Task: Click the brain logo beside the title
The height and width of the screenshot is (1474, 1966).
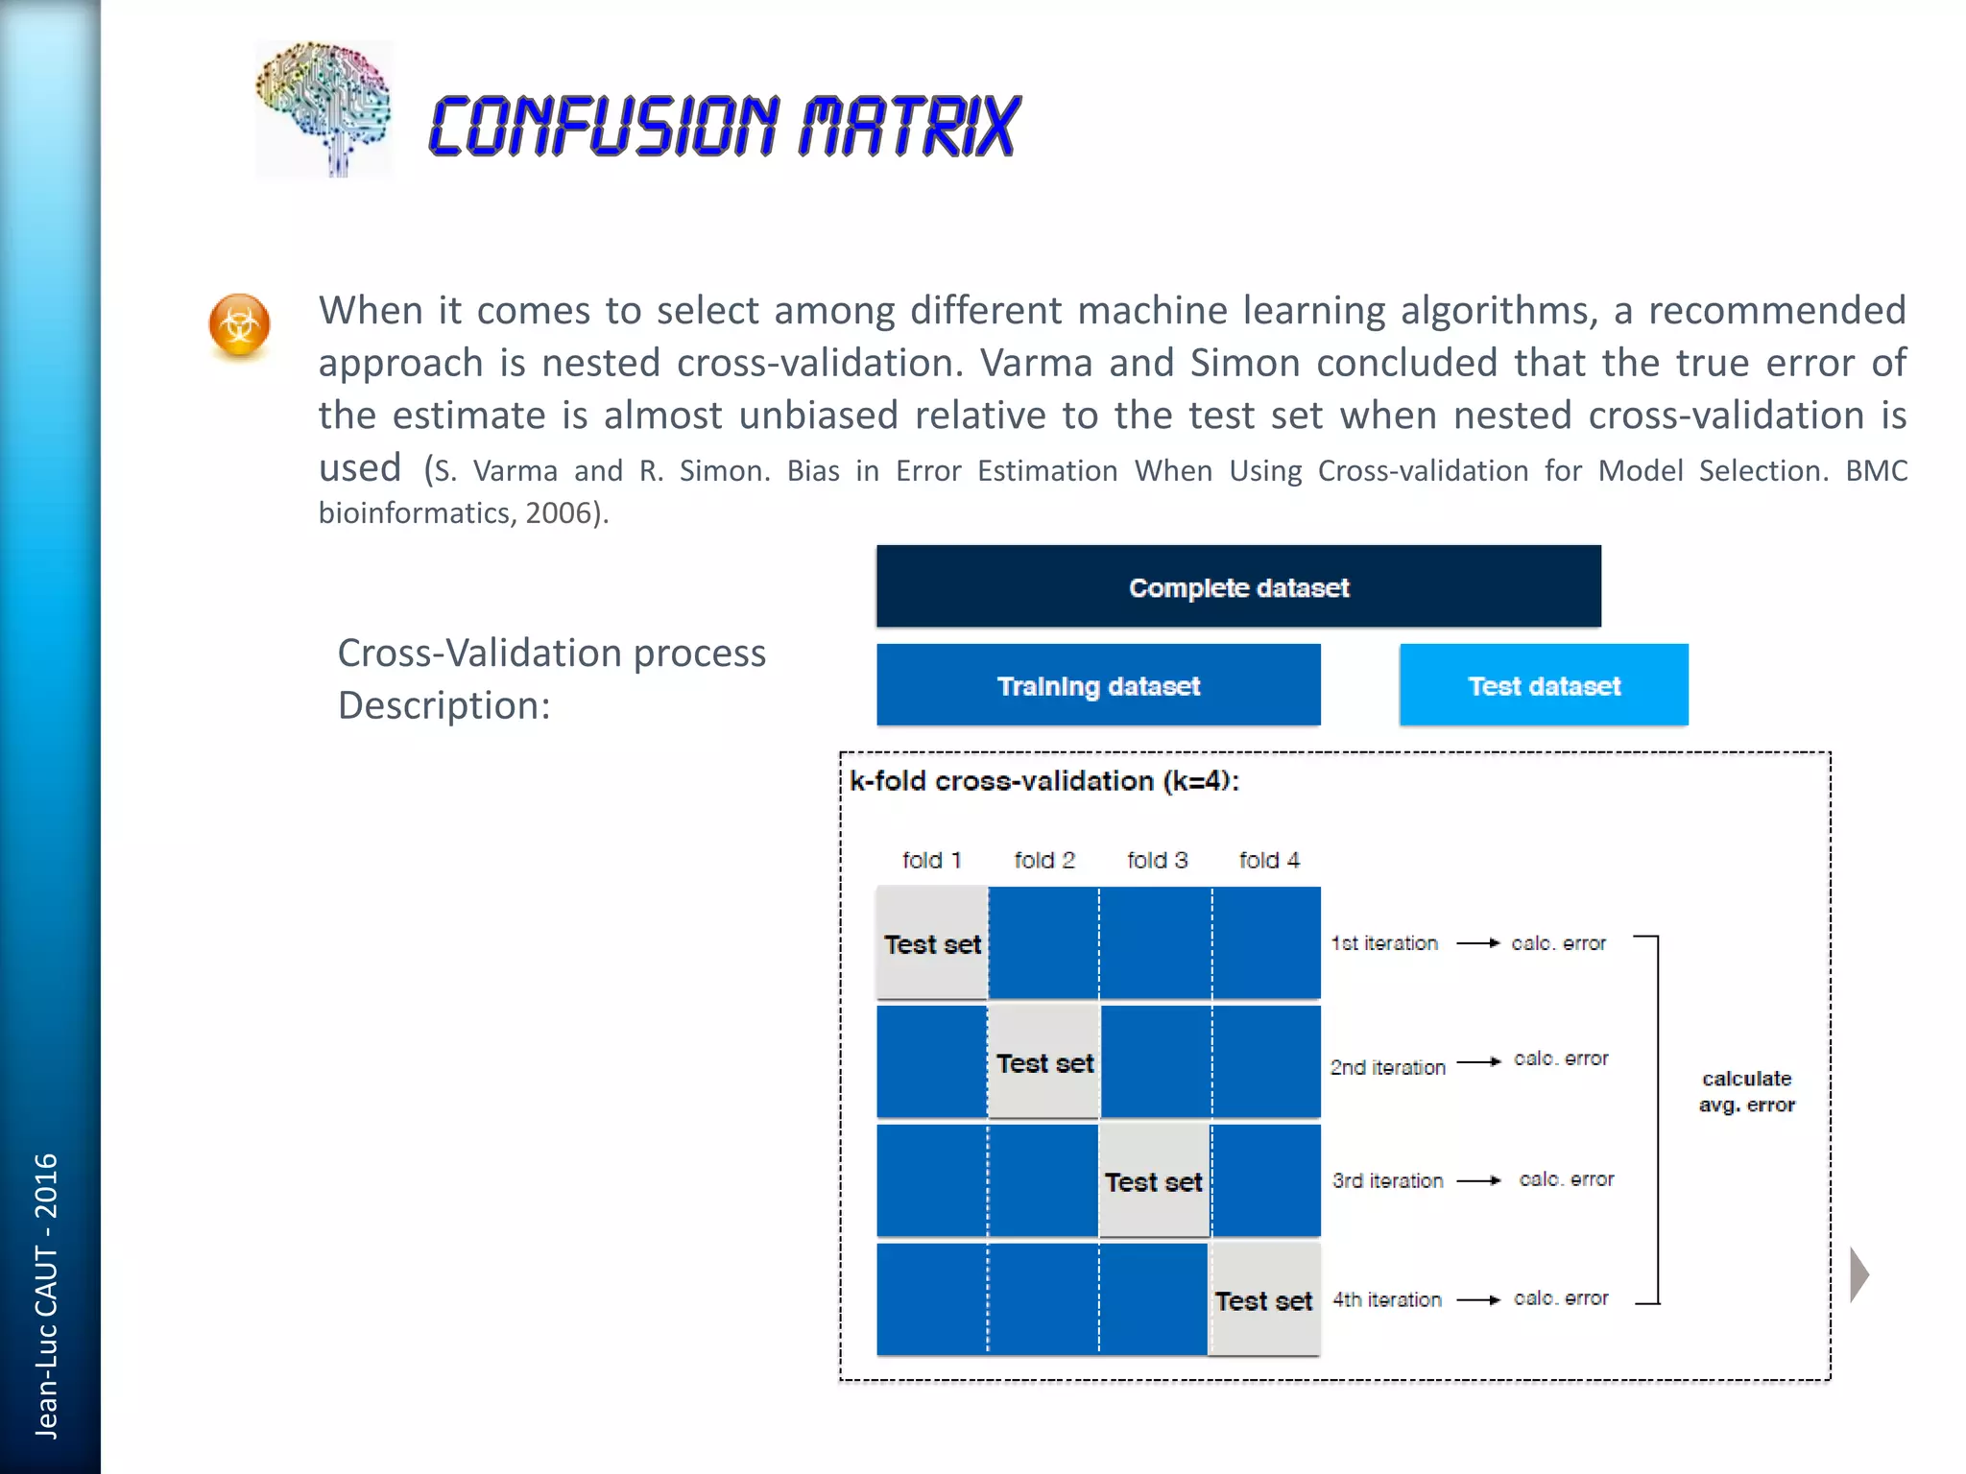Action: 324,107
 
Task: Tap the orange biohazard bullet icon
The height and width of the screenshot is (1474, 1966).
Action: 239,325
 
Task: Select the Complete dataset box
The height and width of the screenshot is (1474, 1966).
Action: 1238,586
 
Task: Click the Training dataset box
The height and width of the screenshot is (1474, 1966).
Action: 1098,685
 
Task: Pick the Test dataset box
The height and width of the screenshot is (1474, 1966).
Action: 1544,685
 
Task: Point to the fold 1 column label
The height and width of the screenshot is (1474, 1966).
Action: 931,860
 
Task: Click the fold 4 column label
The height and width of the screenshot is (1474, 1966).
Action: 1269,860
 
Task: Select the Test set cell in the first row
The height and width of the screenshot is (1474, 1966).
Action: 932,943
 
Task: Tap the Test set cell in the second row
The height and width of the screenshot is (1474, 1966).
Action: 1044,1062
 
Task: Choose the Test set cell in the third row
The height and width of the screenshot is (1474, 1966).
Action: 1154,1181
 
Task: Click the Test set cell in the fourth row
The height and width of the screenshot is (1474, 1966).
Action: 1264,1300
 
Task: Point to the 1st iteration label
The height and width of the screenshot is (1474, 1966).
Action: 1384,943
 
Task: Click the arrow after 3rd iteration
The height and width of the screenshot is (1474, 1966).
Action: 1479,1180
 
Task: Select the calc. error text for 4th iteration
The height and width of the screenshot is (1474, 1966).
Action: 1561,1298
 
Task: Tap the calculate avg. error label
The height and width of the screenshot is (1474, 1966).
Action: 1746,1091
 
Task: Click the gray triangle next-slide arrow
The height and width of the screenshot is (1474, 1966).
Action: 1859,1274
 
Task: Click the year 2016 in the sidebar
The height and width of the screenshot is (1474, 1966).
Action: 46,1186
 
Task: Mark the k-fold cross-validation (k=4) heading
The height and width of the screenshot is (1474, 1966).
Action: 1044,781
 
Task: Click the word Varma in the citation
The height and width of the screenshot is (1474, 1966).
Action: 515,471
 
